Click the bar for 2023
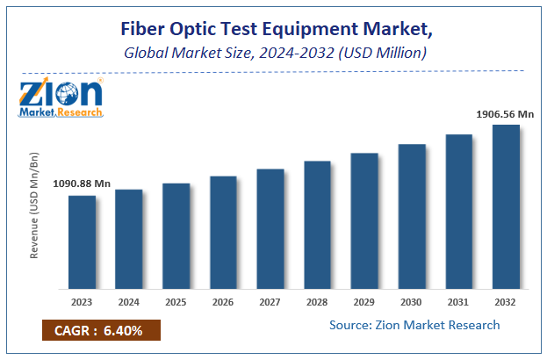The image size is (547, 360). (82, 242)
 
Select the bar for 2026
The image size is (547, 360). (223, 233)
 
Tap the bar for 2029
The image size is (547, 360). (364, 221)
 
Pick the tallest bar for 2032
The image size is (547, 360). (506, 207)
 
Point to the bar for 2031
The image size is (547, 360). (458, 212)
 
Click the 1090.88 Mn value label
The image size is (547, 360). (81, 184)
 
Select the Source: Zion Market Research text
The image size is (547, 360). (414, 325)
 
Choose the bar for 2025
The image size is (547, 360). (176, 236)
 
